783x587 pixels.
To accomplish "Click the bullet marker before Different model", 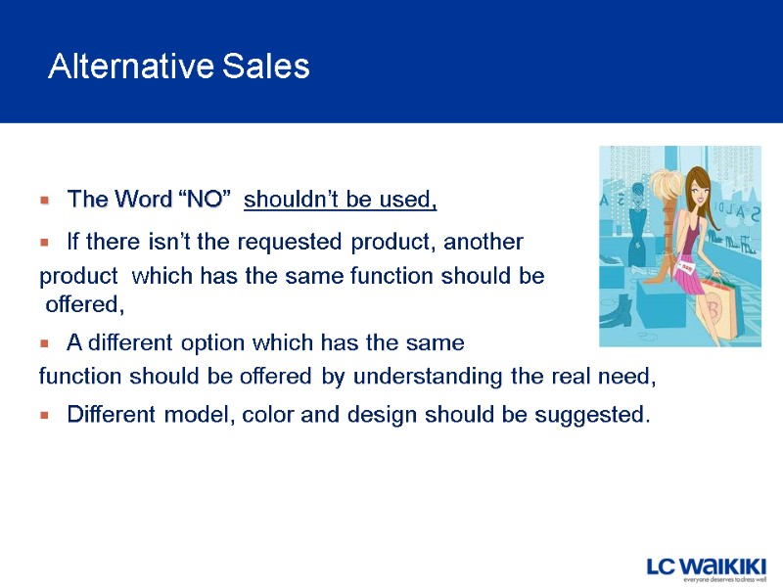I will tap(44, 416).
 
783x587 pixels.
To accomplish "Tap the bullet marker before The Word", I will tap(44, 202).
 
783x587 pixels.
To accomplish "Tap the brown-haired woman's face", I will tap(699, 186).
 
